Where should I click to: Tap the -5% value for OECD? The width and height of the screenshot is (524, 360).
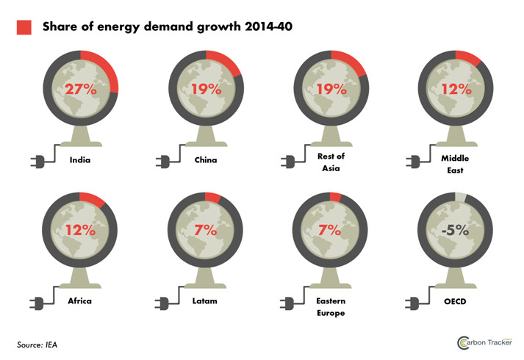[454, 229]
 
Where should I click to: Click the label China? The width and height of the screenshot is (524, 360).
[205, 159]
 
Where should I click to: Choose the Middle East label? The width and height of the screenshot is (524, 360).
[455, 163]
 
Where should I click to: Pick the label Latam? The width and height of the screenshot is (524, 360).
[205, 300]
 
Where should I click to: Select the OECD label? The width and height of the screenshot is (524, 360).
[455, 300]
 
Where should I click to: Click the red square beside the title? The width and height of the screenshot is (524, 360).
[24, 27]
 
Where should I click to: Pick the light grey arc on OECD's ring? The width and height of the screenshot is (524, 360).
[460, 196]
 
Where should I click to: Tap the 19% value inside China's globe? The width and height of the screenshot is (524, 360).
[206, 90]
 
